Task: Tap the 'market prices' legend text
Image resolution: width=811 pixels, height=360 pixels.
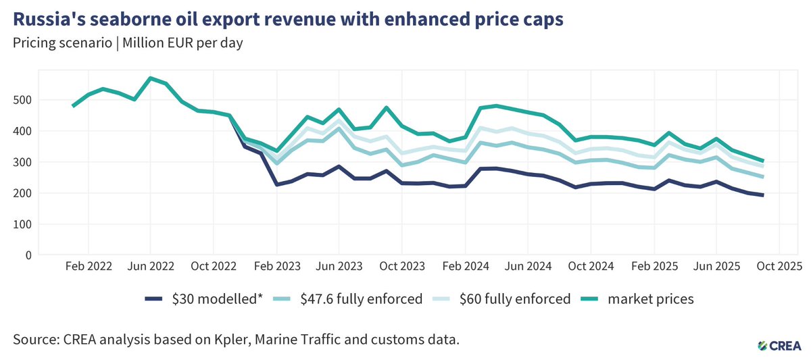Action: point(650,299)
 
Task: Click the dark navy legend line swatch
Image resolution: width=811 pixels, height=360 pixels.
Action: point(155,299)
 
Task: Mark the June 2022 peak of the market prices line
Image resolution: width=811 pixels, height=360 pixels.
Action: point(150,78)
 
